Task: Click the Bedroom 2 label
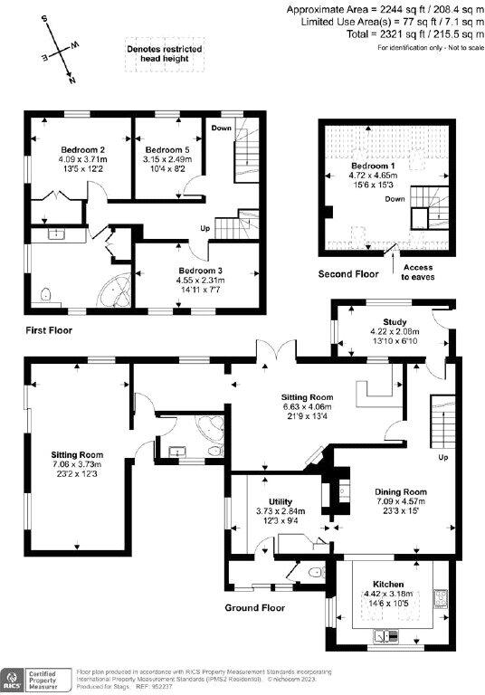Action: [83, 149]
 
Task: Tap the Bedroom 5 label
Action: [167, 149]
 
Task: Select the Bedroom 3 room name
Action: [200, 271]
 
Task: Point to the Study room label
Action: [394, 322]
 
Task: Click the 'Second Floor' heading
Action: [348, 273]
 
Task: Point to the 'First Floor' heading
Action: [48, 330]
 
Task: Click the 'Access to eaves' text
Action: [418, 271]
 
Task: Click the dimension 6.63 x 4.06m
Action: [307, 408]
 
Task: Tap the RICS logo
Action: [15, 679]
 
